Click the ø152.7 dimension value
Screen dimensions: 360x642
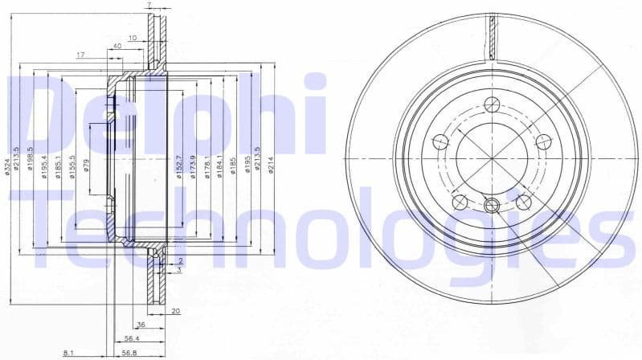181,168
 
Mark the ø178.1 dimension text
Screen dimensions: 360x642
207,166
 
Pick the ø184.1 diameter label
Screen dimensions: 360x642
219,166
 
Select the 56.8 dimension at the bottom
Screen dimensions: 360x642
128,350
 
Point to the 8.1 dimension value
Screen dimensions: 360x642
68,350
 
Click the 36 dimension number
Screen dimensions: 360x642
141,325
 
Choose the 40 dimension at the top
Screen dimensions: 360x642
117,47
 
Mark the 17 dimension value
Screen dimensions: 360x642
80,55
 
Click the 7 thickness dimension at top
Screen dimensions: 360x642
149,6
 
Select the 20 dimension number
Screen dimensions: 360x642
175,311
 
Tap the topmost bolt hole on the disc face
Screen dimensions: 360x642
491,104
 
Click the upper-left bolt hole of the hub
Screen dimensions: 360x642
440,143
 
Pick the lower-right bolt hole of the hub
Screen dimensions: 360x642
523,200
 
